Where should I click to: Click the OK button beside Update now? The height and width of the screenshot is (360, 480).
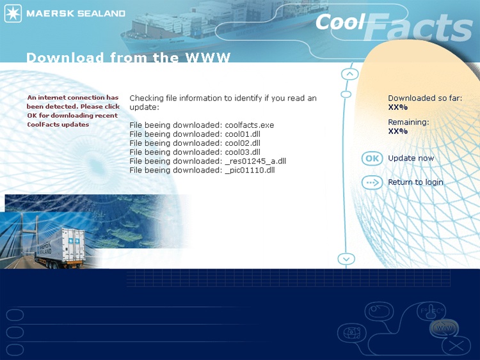[372, 159]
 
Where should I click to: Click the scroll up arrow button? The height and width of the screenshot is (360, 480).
[349, 74]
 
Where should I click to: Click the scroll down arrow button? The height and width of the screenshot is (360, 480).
[346, 259]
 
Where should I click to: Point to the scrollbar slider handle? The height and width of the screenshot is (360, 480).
[346, 94]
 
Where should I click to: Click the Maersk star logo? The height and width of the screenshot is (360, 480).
[13, 13]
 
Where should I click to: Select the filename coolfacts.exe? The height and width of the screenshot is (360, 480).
[250, 125]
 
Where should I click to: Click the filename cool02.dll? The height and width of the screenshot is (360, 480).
[243, 143]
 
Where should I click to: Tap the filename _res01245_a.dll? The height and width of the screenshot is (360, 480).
[255, 161]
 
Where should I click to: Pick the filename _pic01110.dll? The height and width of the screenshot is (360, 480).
[250, 170]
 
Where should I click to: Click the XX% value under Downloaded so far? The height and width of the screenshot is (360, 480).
[398, 107]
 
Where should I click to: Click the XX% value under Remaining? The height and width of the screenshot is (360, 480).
[398, 131]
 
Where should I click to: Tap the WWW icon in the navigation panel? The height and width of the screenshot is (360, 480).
[444, 328]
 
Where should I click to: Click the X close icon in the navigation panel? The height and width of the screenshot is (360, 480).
[456, 346]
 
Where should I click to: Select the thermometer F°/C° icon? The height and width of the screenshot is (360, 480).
[431, 311]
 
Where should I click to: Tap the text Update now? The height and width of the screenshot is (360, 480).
[411, 158]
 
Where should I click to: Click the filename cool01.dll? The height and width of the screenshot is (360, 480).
[243, 134]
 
